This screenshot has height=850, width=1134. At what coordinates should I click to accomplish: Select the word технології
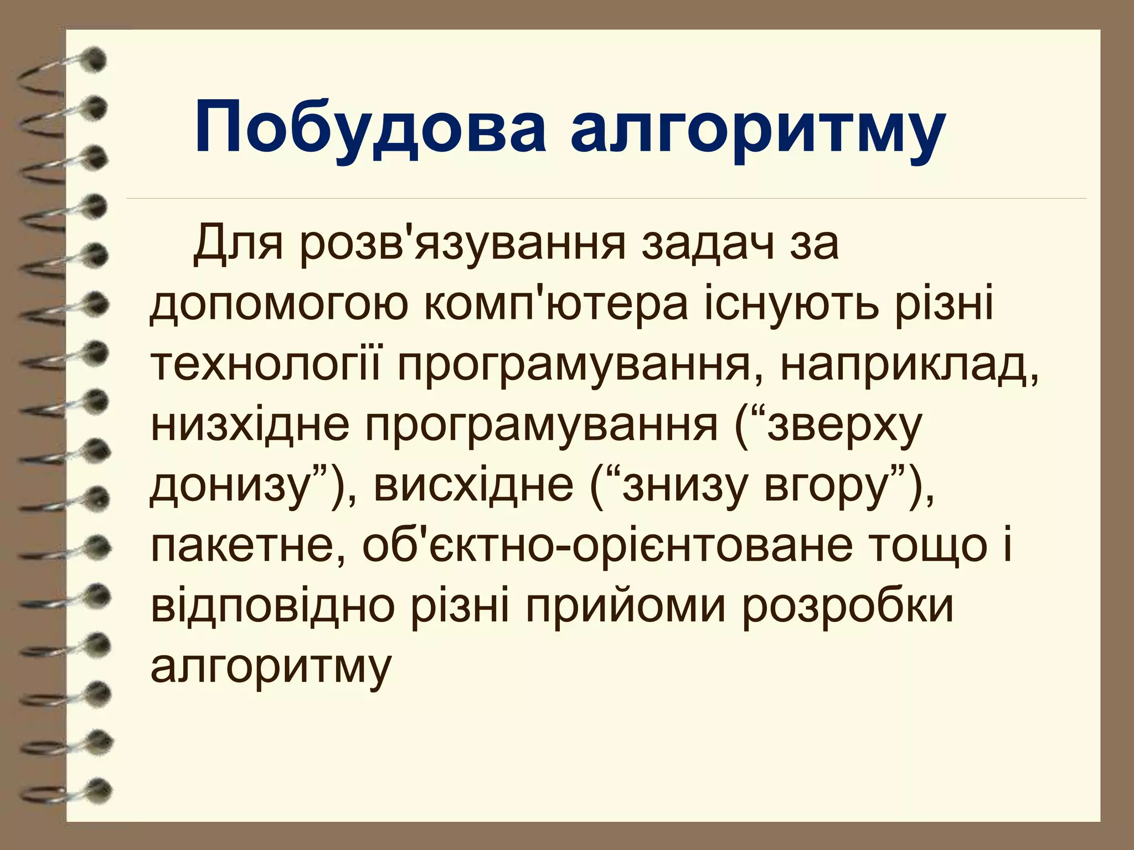click(266, 366)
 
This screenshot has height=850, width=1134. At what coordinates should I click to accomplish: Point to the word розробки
click(848, 608)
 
